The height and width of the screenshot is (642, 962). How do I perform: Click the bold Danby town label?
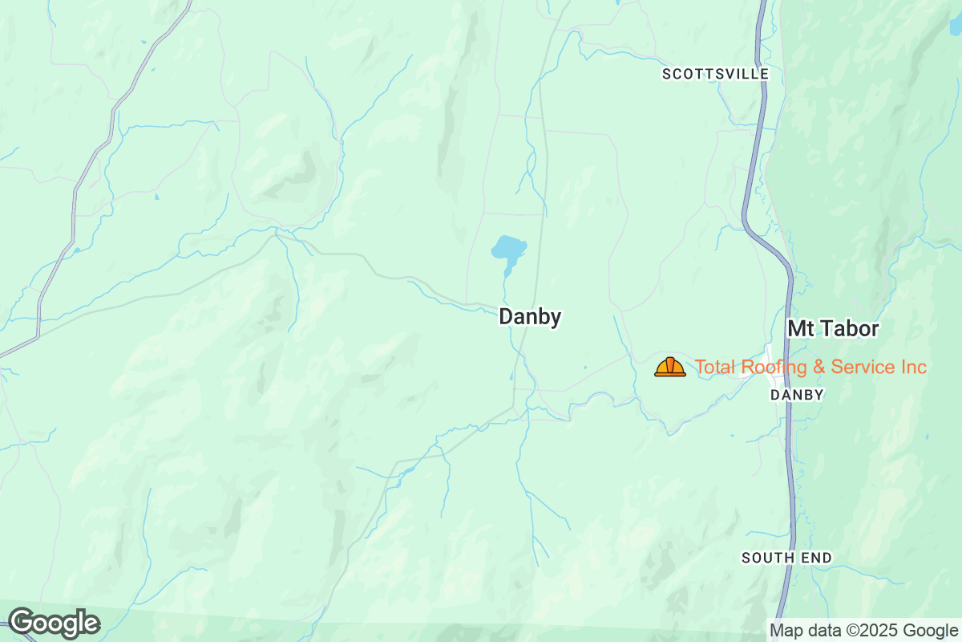point(530,317)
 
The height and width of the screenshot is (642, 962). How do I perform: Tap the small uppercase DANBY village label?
point(797,395)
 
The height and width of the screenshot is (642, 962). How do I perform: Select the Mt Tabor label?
point(833,329)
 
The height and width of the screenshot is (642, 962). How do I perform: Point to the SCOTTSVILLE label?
point(715,74)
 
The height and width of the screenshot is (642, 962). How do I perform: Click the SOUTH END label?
point(786,558)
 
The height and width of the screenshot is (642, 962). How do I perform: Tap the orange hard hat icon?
point(670,367)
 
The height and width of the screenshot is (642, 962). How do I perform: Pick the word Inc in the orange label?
point(913,368)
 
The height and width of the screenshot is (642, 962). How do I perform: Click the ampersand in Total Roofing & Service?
point(816,368)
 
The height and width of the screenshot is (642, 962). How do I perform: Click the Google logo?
point(55,623)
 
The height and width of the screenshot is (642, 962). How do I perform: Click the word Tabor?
point(848,329)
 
